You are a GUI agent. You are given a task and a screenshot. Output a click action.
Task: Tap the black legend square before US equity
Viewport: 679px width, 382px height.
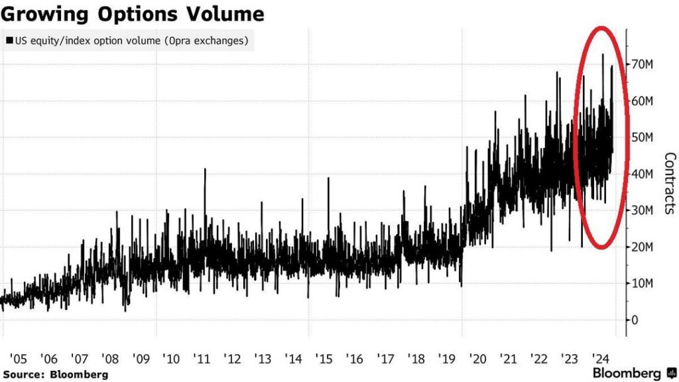tap(9, 40)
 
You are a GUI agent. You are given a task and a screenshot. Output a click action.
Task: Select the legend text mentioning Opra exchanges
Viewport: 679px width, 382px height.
tap(130, 40)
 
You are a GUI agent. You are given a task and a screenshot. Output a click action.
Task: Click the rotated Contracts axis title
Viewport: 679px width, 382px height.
tap(670, 184)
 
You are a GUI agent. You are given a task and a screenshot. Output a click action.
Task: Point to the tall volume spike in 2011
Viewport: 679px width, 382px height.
tap(205, 171)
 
